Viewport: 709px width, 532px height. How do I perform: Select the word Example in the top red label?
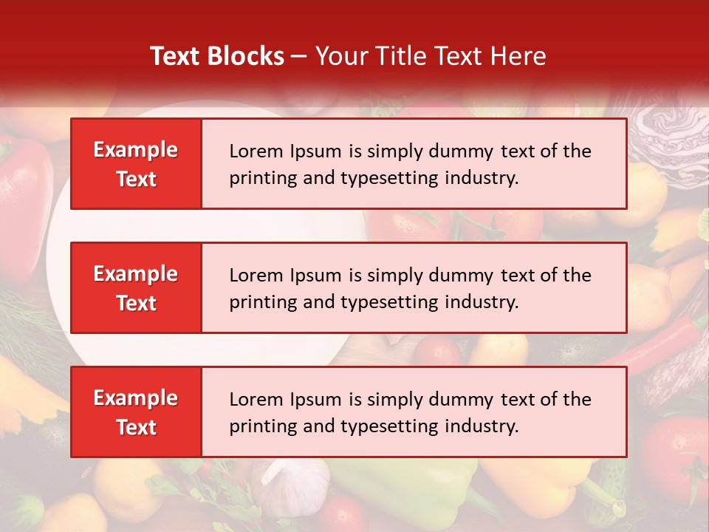pyautogui.click(x=136, y=150)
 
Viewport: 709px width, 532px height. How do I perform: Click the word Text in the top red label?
pyautogui.click(x=136, y=179)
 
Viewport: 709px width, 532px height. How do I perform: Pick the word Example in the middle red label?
pyautogui.click(x=136, y=274)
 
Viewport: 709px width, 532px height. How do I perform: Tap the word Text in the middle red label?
pyautogui.click(x=136, y=303)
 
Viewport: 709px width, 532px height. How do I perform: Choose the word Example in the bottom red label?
pyautogui.click(x=136, y=398)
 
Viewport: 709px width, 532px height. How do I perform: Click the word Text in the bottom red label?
pyautogui.click(x=136, y=427)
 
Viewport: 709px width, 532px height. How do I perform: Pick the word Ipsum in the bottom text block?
pyautogui.click(x=314, y=400)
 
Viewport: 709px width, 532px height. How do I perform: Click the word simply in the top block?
pyautogui.click(x=393, y=151)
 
